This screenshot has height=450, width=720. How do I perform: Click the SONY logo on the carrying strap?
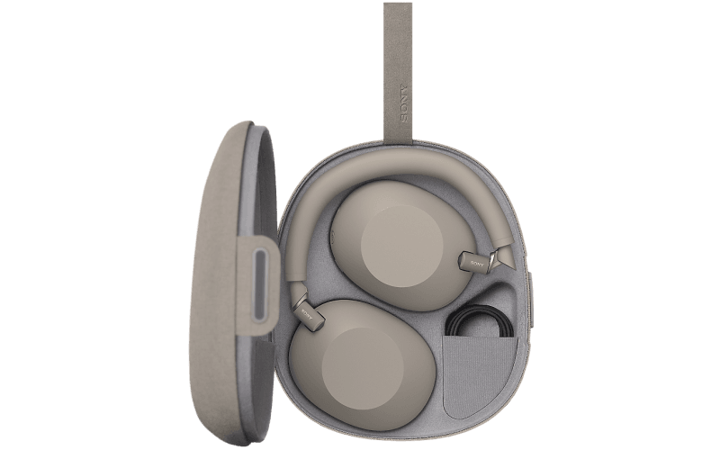coord(403,103)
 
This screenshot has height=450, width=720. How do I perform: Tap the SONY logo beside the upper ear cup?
coord(477,264)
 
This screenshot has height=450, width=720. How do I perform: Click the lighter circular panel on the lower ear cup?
coord(364,365)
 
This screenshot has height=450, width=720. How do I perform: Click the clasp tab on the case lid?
coord(259,285)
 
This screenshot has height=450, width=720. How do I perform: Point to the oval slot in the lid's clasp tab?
coord(260,284)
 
